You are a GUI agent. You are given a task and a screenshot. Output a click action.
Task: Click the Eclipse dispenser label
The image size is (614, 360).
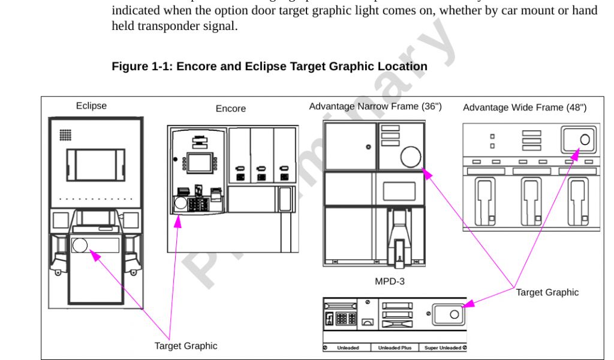coord(91,106)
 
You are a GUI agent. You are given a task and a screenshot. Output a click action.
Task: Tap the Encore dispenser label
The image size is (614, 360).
coord(231,109)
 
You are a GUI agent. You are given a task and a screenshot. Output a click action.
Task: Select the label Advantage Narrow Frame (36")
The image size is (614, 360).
coord(375,106)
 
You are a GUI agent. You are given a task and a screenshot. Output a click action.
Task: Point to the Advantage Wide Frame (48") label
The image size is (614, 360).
coord(525,107)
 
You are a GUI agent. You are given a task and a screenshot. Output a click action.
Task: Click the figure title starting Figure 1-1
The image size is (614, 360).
coord(269,66)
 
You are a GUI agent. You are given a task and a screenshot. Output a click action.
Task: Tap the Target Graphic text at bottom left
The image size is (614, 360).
coord(186,346)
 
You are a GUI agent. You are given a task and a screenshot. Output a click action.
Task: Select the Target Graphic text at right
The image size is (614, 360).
coord(547,292)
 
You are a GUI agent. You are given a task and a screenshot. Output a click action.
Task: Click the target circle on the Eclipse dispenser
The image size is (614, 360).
coord(80,245)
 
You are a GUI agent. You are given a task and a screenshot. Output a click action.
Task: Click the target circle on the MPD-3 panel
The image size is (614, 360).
coord(454,313)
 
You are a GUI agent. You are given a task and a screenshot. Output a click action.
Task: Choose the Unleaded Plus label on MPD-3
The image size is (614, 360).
coord(395,347)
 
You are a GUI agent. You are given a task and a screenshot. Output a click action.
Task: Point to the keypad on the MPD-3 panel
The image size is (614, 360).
coord(346,319)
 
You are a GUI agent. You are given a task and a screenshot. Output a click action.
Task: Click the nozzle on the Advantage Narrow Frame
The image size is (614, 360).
coord(400,240)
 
